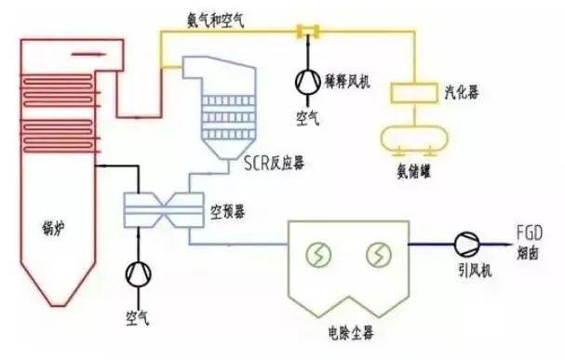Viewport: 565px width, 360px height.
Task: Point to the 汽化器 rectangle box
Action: click(413, 93)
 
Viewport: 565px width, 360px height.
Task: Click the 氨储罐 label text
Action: click(412, 168)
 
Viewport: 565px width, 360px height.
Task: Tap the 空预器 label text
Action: click(228, 212)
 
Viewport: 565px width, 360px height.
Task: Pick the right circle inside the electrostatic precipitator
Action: click(378, 253)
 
